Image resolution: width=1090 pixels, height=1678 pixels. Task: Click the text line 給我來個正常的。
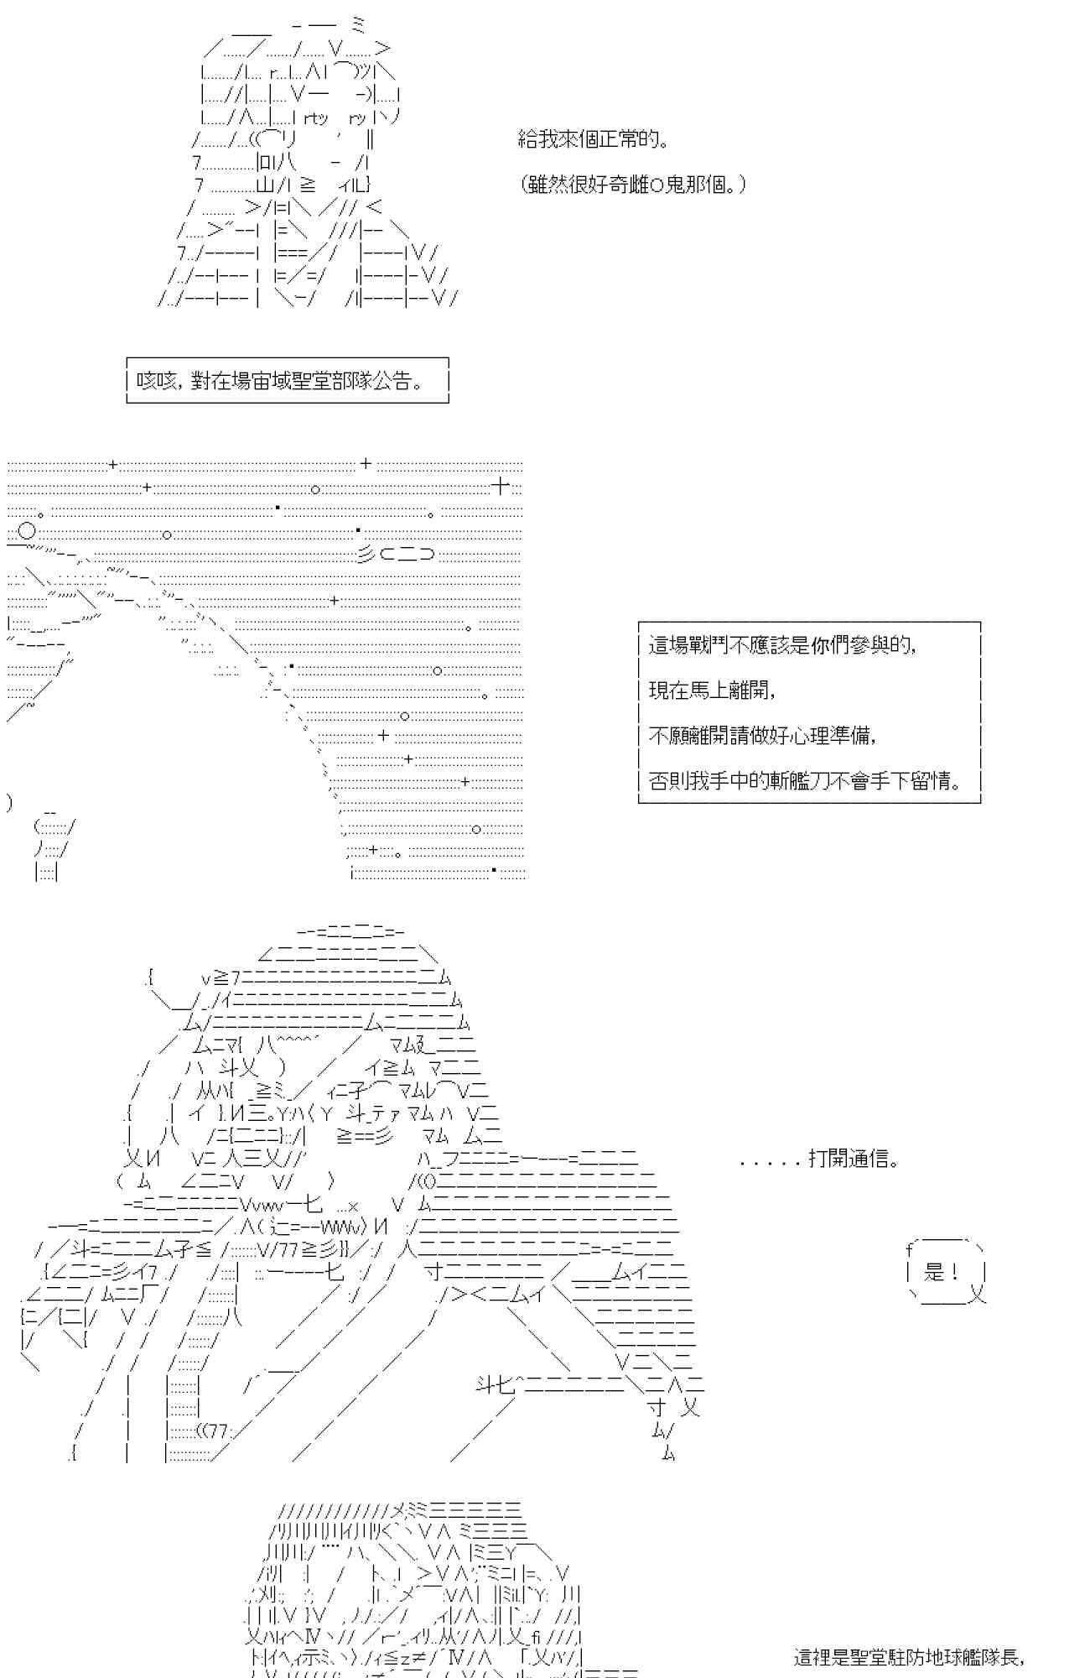(x=594, y=139)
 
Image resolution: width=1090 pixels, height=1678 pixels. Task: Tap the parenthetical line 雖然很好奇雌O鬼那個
(x=631, y=185)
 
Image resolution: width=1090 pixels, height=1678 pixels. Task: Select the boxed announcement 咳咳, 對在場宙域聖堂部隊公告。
(x=287, y=381)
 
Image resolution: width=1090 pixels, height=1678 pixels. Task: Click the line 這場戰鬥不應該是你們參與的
(x=781, y=645)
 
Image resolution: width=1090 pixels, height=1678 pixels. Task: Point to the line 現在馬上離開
(x=712, y=690)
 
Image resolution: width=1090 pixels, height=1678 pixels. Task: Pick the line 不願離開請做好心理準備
(x=762, y=736)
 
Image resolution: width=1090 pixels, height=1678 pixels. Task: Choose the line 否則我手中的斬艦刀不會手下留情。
(x=805, y=781)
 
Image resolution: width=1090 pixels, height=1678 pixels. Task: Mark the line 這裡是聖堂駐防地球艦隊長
(x=909, y=1658)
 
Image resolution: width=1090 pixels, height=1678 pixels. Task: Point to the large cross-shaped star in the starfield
(x=501, y=486)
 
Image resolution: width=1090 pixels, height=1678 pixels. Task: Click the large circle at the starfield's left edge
(x=27, y=532)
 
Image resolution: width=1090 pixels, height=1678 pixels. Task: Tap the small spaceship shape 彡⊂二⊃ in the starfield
(x=397, y=555)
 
